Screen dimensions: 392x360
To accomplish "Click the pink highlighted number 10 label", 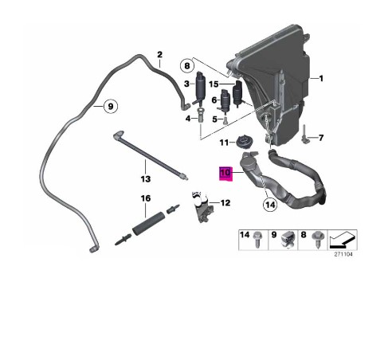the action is [225, 174].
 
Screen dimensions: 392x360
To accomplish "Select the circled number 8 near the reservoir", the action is [187, 65].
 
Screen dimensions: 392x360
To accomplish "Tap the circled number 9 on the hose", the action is [111, 106].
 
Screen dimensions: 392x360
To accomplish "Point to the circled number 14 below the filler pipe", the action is [270, 205].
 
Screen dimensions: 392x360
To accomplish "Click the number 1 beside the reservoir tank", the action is [321, 79].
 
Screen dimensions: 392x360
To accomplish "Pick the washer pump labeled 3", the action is [199, 88].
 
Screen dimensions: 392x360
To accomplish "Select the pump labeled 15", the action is [238, 94].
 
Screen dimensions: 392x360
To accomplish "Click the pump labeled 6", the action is [225, 100].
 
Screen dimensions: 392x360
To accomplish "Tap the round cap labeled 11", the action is [244, 143].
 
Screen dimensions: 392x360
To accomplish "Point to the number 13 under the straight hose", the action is [146, 179].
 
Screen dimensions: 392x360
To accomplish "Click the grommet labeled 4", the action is [200, 115].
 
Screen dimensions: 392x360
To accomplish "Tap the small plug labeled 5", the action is [225, 121].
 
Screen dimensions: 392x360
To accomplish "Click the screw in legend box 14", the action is [257, 239].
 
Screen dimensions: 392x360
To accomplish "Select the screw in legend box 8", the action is [317, 239].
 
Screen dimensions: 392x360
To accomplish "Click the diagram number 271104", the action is [343, 254].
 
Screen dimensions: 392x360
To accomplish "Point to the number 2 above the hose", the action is [159, 55].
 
